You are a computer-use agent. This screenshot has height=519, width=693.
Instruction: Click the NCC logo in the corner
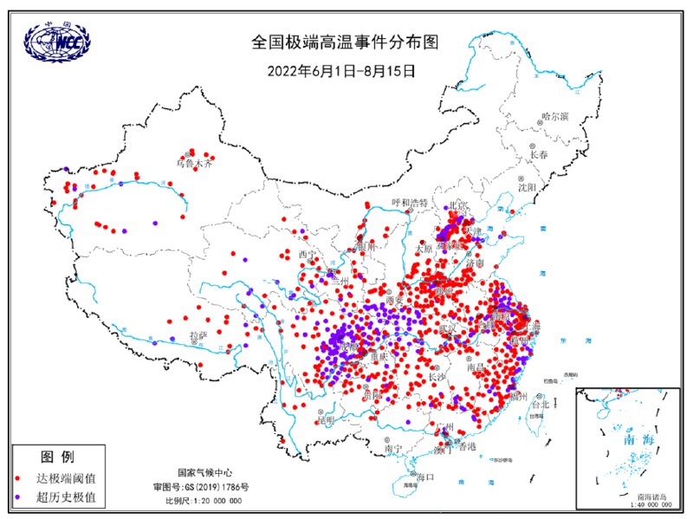coord(57,40)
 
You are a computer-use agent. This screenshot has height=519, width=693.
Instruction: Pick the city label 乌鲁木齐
coord(193,162)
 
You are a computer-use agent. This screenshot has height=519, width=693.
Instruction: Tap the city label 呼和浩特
coord(410,202)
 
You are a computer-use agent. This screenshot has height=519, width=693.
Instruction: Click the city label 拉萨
coord(198,334)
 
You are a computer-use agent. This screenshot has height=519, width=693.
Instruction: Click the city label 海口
coord(424,477)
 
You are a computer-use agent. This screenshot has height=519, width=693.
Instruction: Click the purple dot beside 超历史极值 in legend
coord(19,498)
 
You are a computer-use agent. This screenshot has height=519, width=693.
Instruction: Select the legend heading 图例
coord(57,457)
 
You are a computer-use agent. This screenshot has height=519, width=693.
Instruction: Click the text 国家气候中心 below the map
coord(205,473)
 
